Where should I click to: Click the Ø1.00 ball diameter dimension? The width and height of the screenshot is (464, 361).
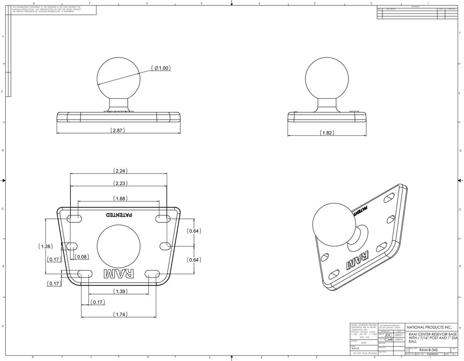161,68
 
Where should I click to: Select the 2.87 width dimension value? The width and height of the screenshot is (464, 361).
118,130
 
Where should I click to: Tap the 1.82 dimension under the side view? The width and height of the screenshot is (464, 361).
327,133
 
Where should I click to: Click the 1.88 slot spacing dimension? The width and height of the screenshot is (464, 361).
120,198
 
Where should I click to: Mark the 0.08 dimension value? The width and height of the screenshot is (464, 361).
82,257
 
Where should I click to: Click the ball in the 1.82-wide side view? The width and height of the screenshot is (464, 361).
327,77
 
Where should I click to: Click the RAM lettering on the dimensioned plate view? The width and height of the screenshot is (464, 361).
119,274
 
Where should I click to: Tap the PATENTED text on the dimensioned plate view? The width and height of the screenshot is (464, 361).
119,215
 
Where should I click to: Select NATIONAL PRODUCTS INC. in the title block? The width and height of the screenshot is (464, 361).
429,327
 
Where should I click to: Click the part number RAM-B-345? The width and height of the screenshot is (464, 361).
428,350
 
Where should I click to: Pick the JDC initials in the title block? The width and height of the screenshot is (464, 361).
388,335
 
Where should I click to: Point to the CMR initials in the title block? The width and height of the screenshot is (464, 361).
388,340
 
